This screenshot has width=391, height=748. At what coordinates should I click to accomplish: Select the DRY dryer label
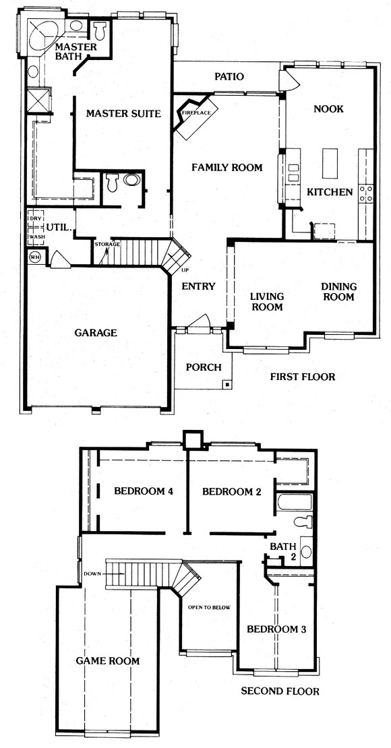pyautogui.click(x=34, y=218)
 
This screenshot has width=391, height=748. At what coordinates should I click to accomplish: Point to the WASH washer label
pyautogui.click(x=35, y=237)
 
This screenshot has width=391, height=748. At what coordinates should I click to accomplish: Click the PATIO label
pyautogui.click(x=229, y=76)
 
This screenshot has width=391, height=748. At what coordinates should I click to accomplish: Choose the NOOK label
pyautogui.click(x=328, y=108)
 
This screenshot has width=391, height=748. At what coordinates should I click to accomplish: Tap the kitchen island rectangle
pyautogui.click(x=330, y=162)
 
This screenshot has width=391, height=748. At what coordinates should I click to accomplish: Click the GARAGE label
pyautogui.click(x=96, y=332)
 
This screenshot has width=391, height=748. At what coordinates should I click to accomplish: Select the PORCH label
pyautogui.click(x=204, y=367)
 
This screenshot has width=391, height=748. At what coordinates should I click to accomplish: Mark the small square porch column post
pyautogui.click(x=228, y=383)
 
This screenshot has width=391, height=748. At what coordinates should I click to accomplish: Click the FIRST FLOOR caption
pyautogui.click(x=303, y=377)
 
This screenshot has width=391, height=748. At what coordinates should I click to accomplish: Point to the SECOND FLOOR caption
pyautogui.click(x=280, y=691)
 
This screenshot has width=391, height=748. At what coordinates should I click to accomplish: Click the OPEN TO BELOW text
pyautogui.click(x=209, y=607)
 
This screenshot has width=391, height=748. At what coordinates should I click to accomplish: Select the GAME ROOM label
pyautogui.click(x=108, y=660)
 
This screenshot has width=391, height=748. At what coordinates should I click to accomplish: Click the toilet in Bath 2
pyautogui.click(x=303, y=522)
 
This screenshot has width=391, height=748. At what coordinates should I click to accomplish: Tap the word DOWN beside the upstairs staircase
pyautogui.click(x=92, y=573)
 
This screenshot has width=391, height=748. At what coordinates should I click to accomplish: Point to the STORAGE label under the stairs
pyautogui.click(x=107, y=244)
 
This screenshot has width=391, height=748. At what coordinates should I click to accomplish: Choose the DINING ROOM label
pyautogui.click(x=338, y=292)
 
